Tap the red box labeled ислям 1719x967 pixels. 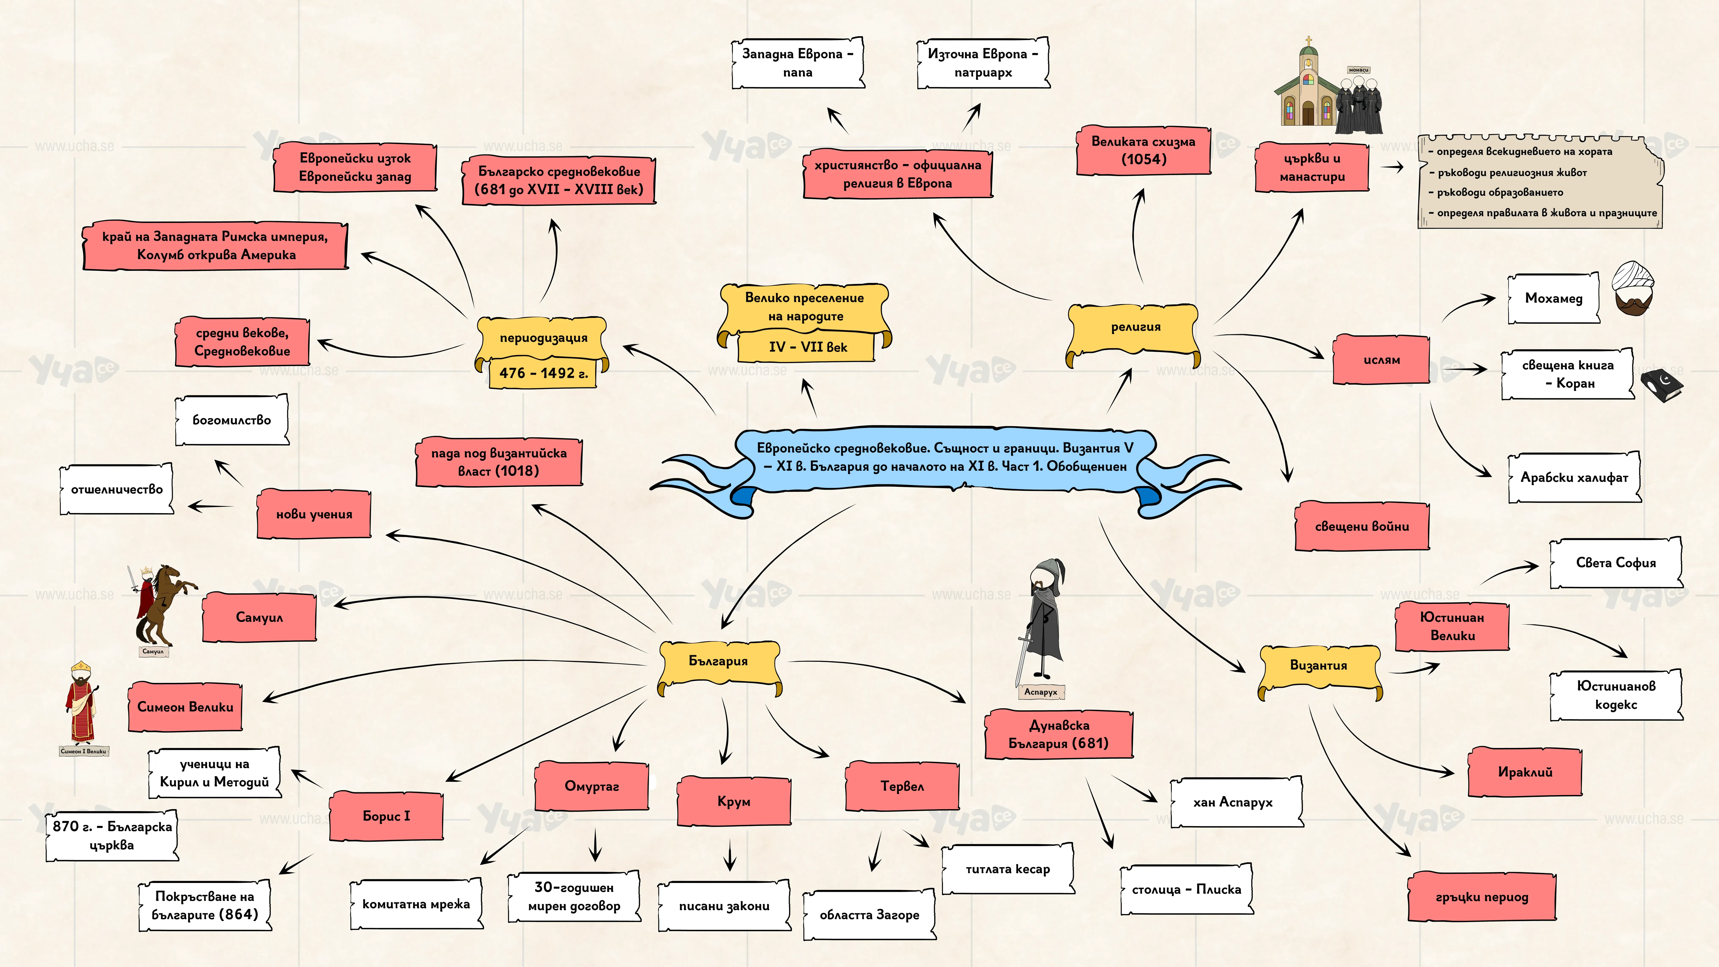[1381, 360]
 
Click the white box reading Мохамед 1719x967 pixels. [1553, 298]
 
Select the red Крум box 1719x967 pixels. [734, 801]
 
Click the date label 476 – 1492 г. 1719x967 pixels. [543, 373]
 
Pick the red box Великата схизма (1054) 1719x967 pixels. [1143, 150]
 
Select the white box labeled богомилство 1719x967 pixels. [232, 420]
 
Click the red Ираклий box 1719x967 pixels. [1525, 772]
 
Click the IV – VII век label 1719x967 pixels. [807, 347]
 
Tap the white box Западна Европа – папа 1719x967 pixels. [798, 63]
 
